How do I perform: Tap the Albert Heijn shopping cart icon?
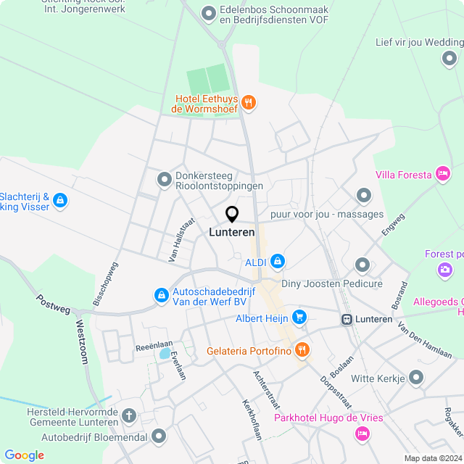(x=299, y=318)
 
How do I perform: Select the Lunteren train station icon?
(x=347, y=319)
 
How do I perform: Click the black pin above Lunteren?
(x=232, y=215)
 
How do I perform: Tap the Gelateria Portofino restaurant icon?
(x=302, y=351)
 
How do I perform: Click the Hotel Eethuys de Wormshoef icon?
(x=249, y=103)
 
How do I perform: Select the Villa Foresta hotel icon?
(x=442, y=174)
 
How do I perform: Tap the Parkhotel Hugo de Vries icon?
(x=361, y=434)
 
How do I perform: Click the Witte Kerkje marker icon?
(x=416, y=378)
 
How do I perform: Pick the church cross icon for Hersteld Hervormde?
(x=129, y=416)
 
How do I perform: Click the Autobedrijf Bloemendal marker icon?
(x=159, y=436)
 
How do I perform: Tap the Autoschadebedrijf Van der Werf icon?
(x=160, y=295)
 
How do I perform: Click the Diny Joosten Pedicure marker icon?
(x=362, y=265)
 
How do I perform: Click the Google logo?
(x=24, y=455)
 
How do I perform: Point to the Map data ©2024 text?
(x=432, y=458)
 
